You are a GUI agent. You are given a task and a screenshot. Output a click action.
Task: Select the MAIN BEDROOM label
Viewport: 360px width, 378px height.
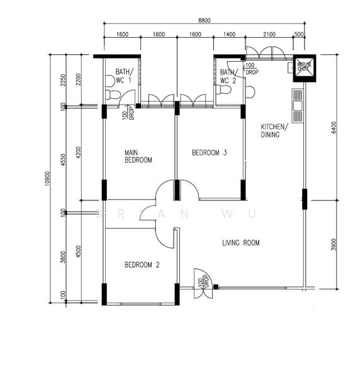[x=138, y=156]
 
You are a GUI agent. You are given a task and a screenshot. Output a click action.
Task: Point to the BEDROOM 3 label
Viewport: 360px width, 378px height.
[x=209, y=152]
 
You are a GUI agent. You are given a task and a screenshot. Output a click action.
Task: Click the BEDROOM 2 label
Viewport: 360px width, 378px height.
[x=142, y=265]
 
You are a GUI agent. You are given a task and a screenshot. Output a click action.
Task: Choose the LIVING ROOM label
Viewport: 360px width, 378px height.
[x=240, y=243]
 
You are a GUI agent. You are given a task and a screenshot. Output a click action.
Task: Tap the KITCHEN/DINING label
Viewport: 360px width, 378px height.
[x=274, y=130]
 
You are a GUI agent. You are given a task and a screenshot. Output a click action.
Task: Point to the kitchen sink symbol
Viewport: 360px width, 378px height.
[x=297, y=106]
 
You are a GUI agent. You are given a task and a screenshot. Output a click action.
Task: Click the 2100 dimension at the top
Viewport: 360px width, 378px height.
[x=269, y=35]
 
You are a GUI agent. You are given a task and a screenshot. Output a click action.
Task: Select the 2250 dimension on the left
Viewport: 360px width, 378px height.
[x=64, y=80]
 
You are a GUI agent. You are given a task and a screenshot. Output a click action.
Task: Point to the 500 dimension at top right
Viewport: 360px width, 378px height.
[x=299, y=35]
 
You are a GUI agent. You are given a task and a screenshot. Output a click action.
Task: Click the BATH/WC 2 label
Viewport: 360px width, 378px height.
[x=227, y=76]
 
